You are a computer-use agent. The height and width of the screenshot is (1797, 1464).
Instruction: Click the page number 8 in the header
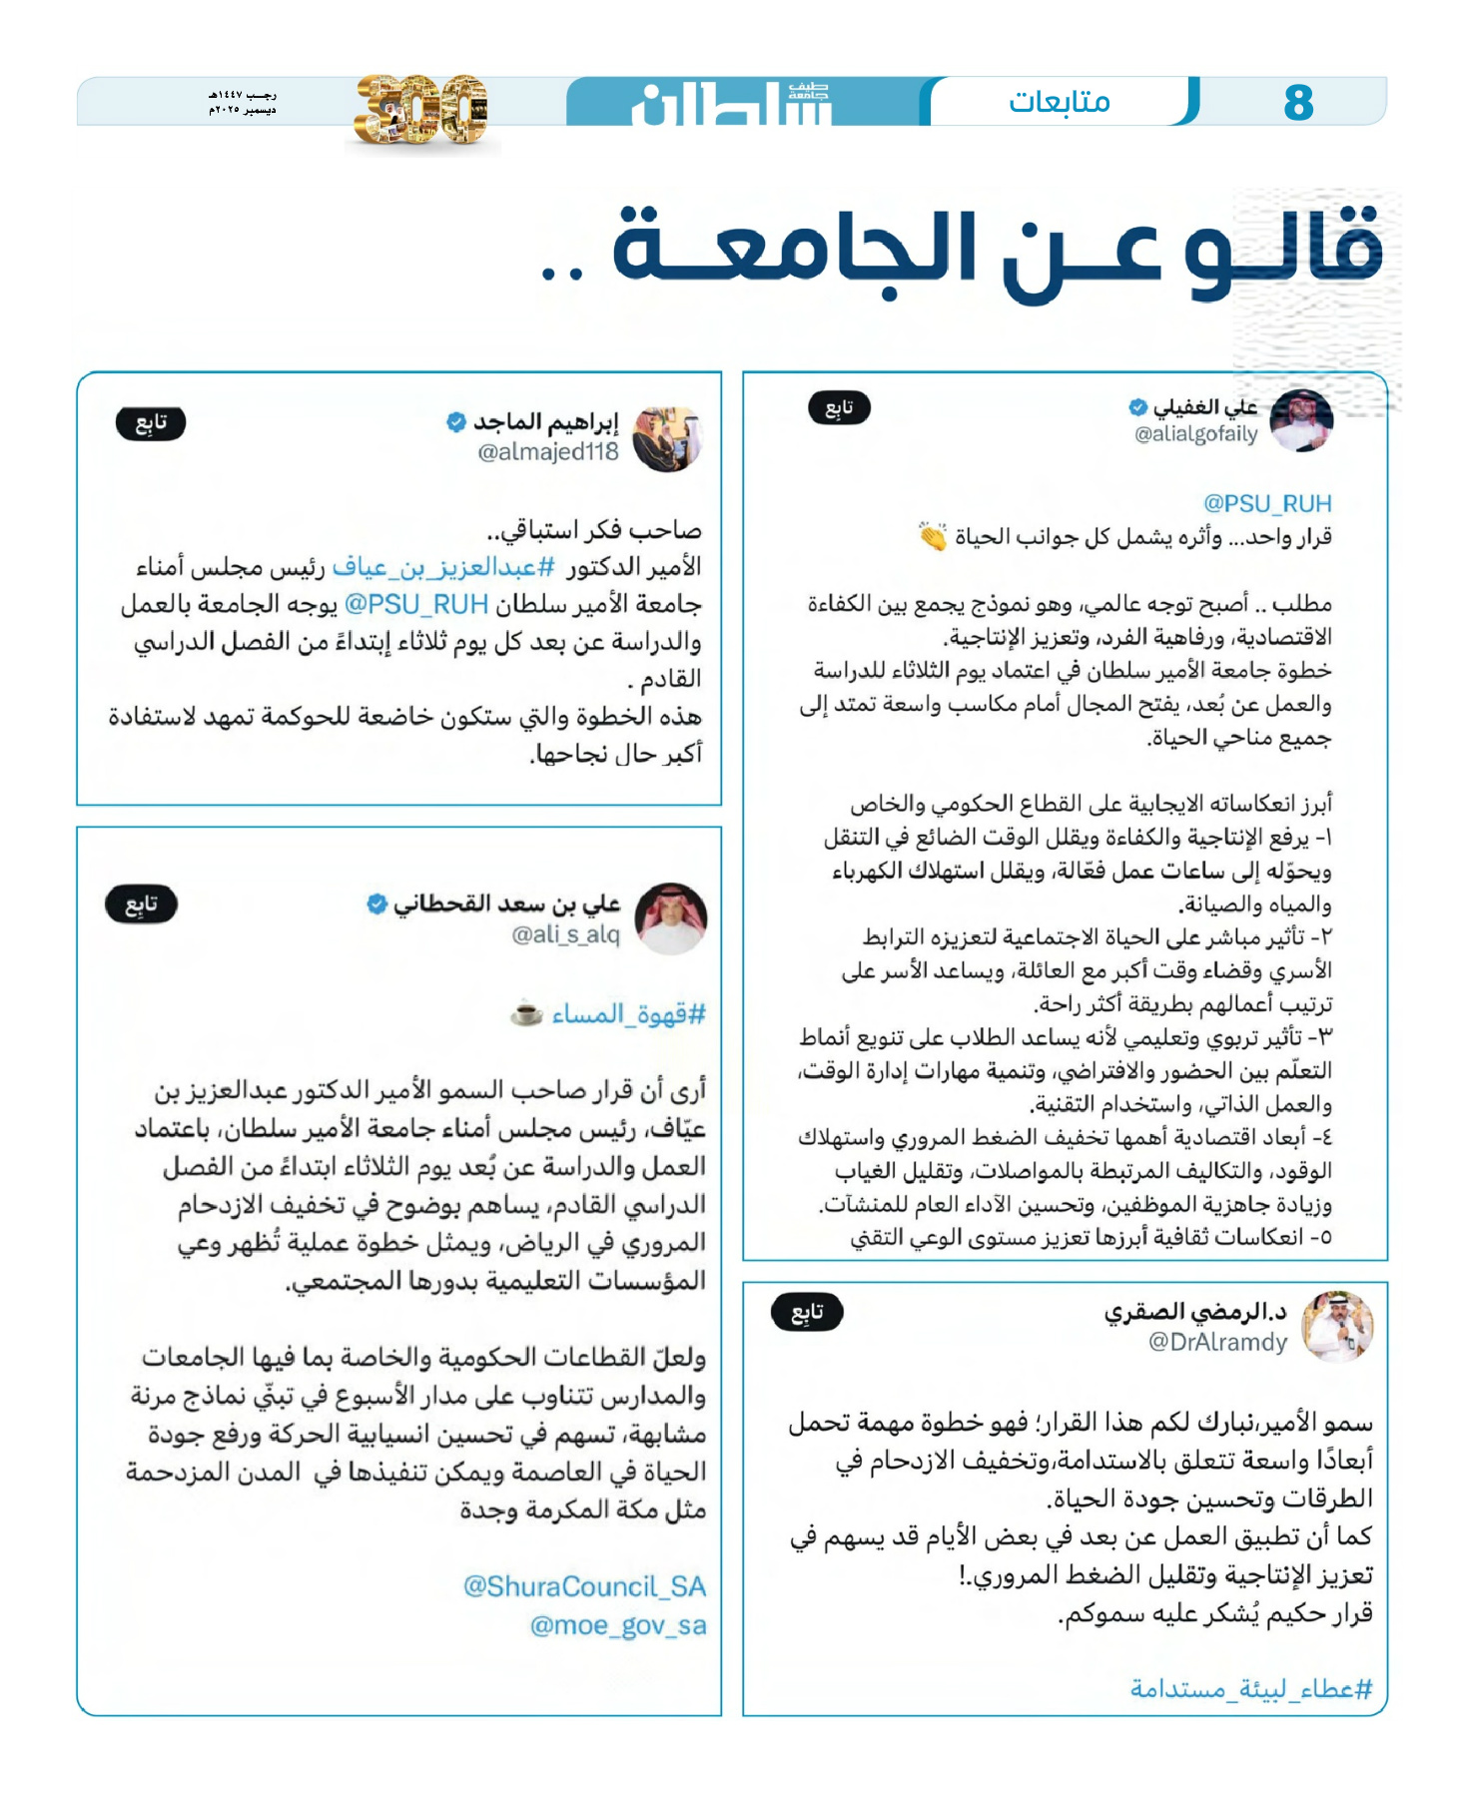coord(1298,102)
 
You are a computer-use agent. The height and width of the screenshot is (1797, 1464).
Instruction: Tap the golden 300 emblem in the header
coord(421,109)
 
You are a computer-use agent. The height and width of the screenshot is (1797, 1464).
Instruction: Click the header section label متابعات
coord(1060,102)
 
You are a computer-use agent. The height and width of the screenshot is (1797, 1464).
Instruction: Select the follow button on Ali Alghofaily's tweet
coord(839,407)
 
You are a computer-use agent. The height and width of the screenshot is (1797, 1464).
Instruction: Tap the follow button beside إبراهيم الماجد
coord(151,423)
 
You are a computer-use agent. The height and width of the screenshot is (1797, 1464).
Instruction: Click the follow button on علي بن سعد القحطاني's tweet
coord(141,904)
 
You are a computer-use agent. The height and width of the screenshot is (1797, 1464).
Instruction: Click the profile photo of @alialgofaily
coord(1301,420)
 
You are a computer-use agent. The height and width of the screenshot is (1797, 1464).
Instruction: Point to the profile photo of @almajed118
coord(668,438)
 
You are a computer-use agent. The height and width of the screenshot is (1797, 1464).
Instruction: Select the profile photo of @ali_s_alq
coord(671,917)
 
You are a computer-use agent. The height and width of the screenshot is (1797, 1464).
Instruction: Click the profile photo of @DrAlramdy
coord(1339,1326)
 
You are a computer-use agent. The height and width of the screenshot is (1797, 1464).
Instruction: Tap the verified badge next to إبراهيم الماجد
coord(456,422)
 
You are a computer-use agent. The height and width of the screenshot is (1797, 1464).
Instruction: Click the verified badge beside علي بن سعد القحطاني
coord(376,904)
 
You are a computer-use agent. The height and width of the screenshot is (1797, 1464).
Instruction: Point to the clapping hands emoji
coord(933,537)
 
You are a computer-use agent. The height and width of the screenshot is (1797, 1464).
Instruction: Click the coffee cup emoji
coord(526,1014)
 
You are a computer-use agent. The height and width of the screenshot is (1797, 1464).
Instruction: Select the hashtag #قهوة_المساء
coord(628,1015)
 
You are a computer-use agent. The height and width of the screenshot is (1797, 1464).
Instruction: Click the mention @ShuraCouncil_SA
coord(584,1586)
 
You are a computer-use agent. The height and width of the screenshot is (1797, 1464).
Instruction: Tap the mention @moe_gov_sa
coord(618,1625)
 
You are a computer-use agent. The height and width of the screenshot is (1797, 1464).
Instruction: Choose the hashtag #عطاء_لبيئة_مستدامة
coord(1251,1688)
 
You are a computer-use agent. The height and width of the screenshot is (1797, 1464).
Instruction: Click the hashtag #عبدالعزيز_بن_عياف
coord(444,567)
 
